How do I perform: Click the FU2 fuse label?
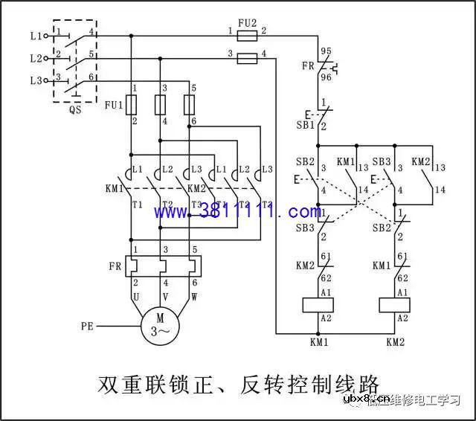[247, 23]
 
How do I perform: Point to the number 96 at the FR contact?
[324, 76]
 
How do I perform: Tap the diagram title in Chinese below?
[238, 385]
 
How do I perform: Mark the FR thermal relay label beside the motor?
[115, 266]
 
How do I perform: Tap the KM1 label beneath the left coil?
[319, 342]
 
